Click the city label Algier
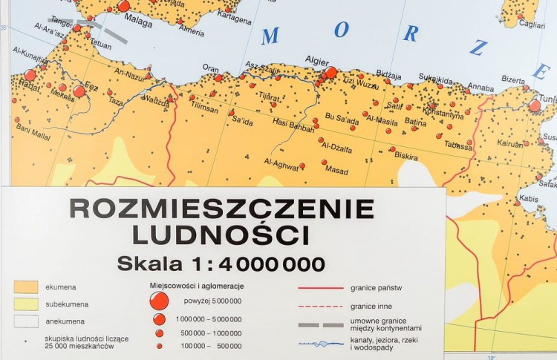(x=317, y=60)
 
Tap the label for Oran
(x=211, y=67)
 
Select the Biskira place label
(x=405, y=157)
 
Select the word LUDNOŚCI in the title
(x=221, y=235)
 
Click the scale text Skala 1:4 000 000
(x=221, y=264)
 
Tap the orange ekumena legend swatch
(x=25, y=286)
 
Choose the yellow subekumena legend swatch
(x=25, y=304)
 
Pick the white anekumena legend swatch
(x=25, y=321)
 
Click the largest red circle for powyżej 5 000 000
(x=158, y=300)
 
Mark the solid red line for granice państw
(x=320, y=287)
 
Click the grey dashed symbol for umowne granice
(x=320, y=325)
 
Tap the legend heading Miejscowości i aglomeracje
(x=197, y=286)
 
